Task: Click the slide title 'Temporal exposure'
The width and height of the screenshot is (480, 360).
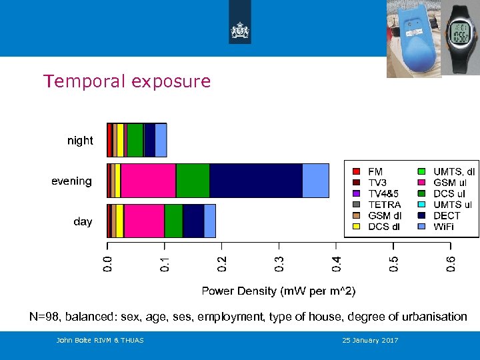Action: (x=127, y=81)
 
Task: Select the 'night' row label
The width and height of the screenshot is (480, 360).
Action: (x=80, y=141)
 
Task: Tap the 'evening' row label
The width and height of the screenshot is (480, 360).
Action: (x=71, y=181)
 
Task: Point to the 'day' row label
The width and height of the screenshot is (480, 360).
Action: (x=83, y=221)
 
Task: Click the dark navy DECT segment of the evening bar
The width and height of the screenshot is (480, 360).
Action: (x=256, y=181)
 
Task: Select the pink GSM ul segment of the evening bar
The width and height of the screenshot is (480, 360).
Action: (x=148, y=181)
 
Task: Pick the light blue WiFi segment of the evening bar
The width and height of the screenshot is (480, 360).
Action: (x=315, y=181)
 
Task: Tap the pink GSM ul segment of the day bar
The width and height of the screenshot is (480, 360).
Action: (x=144, y=221)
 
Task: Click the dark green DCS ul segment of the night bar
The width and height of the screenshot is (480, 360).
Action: (x=135, y=140)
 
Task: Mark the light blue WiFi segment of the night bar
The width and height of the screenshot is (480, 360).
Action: (x=161, y=140)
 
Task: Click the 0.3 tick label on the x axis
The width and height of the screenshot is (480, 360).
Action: (x=279, y=263)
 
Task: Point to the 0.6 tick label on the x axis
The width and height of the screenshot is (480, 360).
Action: (x=451, y=263)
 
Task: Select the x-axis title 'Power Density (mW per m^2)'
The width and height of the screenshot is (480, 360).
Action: (x=279, y=291)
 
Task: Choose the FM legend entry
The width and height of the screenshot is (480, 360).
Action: (x=375, y=172)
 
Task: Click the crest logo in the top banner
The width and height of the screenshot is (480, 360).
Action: (x=240, y=29)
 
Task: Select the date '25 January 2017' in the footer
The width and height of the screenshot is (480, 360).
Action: (x=370, y=341)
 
